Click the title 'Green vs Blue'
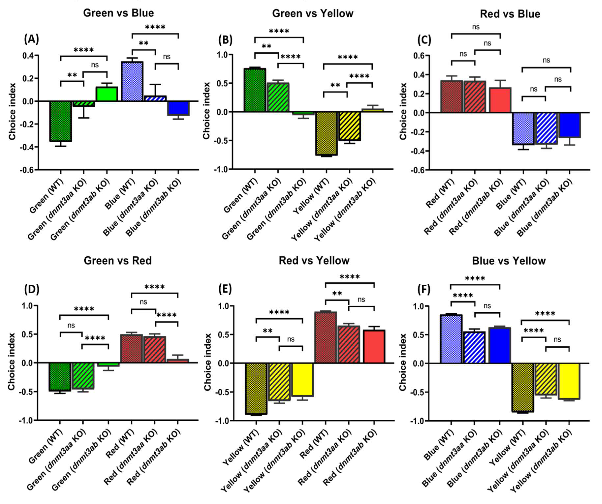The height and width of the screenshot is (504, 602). coord(118,13)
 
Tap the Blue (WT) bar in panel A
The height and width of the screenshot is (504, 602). coord(132,81)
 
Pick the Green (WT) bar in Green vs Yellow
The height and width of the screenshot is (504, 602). coord(255,90)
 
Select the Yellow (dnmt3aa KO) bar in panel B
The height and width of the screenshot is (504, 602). coord(349,126)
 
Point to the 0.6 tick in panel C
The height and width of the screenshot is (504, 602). coord(419,56)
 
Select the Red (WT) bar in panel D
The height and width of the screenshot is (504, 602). coord(131,349)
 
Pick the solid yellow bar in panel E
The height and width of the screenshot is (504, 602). coord(302,380)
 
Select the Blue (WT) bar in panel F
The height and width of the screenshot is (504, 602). coord(451,339)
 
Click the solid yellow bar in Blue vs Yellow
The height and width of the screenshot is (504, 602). coord(569,381)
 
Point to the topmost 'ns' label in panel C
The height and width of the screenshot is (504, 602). coord(476,27)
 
